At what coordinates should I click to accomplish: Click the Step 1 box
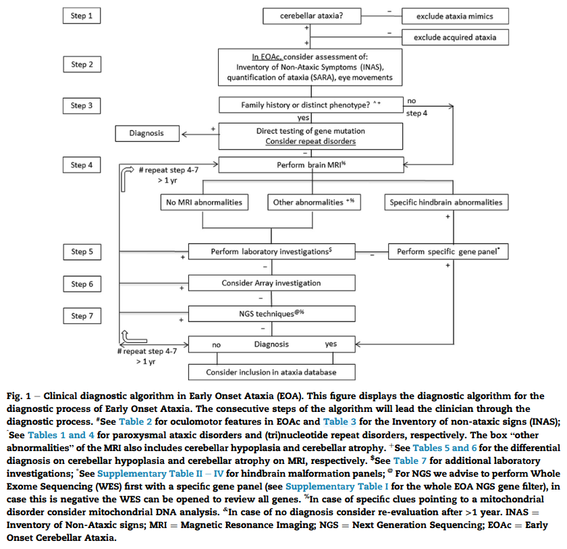(x=83, y=15)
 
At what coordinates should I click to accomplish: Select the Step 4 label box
(x=83, y=165)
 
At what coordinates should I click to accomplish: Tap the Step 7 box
(x=83, y=315)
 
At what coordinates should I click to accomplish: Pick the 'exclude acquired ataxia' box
(x=455, y=37)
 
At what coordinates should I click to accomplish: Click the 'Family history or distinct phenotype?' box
(x=311, y=105)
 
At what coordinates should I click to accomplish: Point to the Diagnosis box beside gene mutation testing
(x=146, y=133)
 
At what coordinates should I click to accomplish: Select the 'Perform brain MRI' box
(x=311, y=165)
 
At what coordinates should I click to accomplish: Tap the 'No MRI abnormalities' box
(x=204, y=202)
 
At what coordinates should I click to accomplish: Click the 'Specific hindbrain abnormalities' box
(x=446, y=202)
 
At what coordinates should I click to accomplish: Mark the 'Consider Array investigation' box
(x=271, y=283)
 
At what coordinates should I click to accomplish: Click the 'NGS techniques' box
(x=271, y=314)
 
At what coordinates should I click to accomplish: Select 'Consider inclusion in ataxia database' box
(x=271, y=371)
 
